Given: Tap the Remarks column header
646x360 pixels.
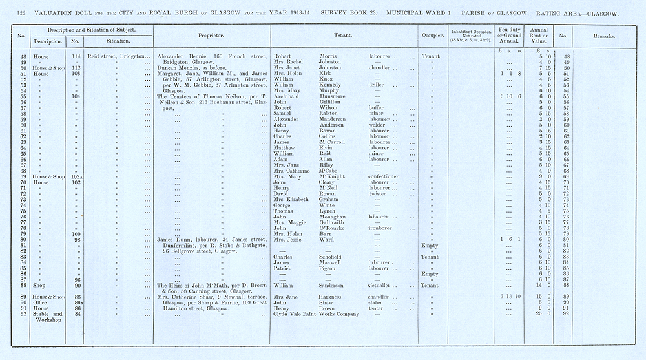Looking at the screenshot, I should click(604, 36).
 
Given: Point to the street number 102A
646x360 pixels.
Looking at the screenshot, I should click(76, 176).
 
